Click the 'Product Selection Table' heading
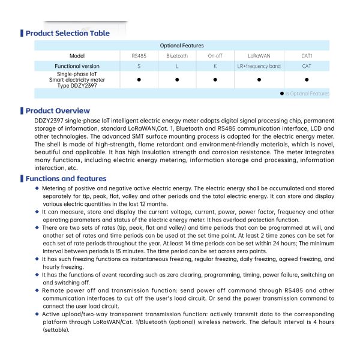click(x=67, y=33)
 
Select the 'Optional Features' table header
click(x=182, y=46)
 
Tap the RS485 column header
click(x=139, y=56)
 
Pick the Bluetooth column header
click(x=177, y=56)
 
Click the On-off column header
click(x=215, y=56)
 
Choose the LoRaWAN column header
click(x=259, y=56)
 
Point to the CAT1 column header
click(x=307, y=56)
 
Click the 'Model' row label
click(x=77, y=56)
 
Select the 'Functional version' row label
click(x=77, y=66)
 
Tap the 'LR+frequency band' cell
click(x=259, y=66)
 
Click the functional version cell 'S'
click(x=139, y=66)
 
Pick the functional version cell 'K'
click(x=215, y=66)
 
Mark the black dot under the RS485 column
click(x=139, y=79)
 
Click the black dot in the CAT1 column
click(x=307, y=79)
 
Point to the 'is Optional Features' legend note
click(x=307, y=94)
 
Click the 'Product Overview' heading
click(x=58, y=110)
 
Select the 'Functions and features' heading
click(x=66, y=179)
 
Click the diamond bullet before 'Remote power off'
click(x=37, y=290)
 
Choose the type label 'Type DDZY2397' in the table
click(x=77, y=85)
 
